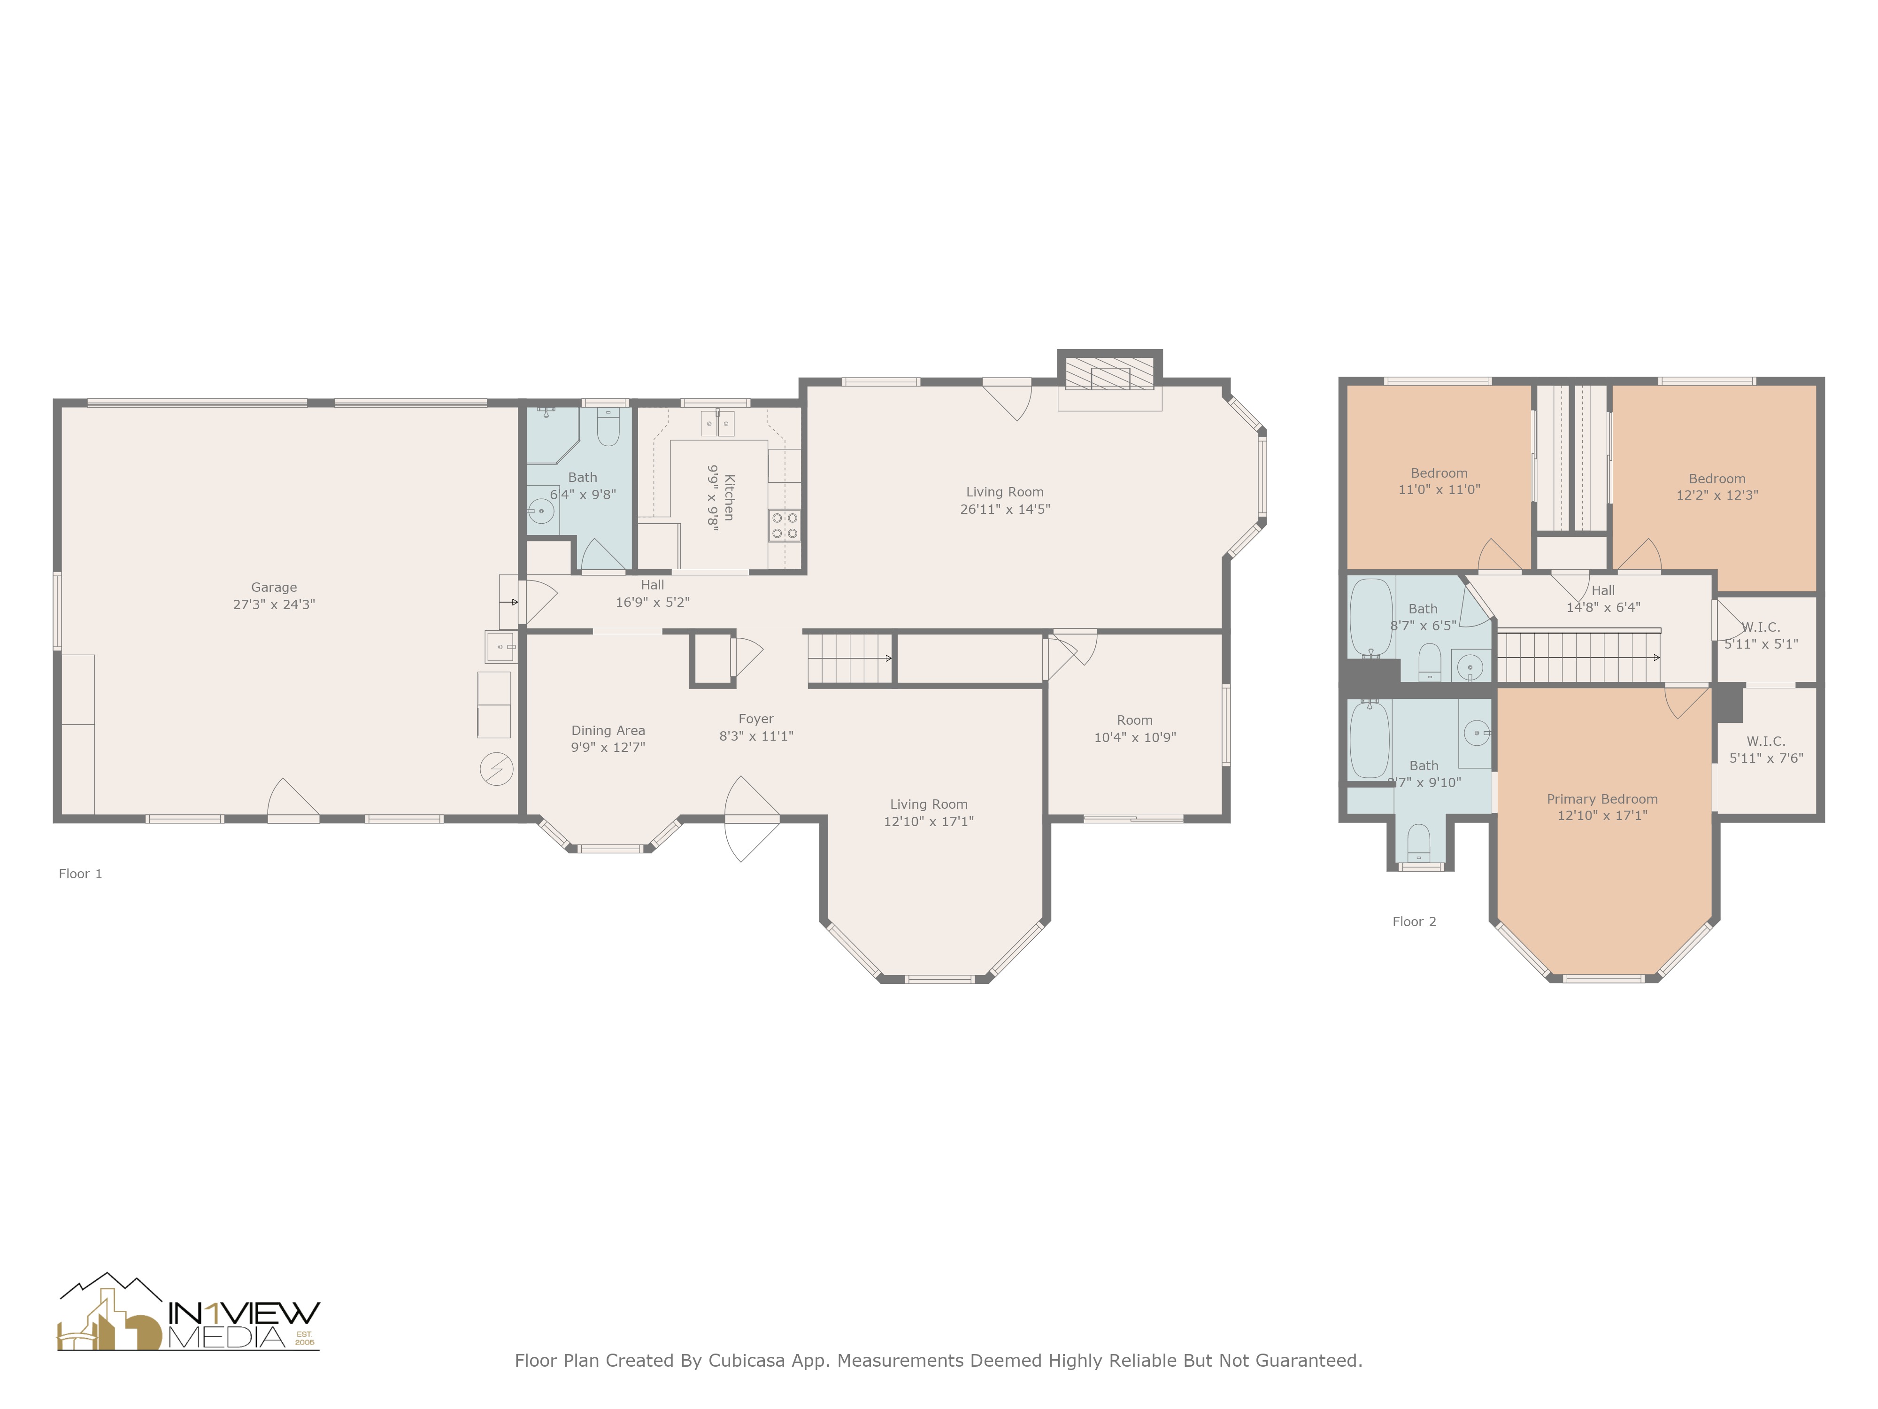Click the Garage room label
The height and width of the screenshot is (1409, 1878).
pos(273,587)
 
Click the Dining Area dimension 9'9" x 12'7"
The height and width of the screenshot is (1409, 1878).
pos(608,747)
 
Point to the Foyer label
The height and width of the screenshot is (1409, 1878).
pos(755,719)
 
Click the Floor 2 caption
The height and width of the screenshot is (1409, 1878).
pos(1414,921)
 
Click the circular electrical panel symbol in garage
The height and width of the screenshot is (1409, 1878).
pos(497,769)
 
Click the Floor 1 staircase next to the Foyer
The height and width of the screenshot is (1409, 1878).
pos(849,658)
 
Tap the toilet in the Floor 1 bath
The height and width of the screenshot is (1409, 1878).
pos(608,428)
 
